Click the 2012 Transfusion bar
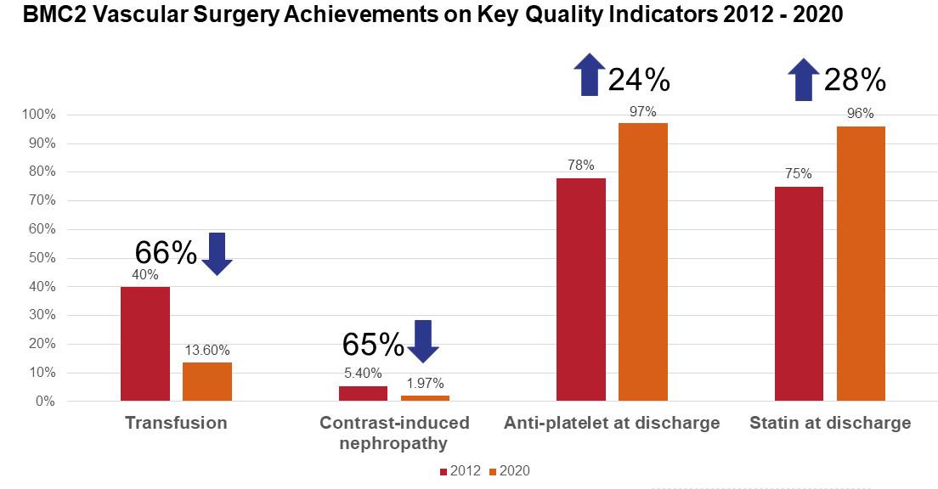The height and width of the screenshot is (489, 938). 145,344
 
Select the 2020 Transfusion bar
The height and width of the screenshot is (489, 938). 207,381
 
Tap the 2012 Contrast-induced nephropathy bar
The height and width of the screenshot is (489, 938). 363,393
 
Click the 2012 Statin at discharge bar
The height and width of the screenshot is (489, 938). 800,293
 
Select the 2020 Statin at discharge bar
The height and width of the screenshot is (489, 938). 862,263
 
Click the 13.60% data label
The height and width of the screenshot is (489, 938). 207,350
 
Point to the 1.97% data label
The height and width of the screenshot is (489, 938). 425,383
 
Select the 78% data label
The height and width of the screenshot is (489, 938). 581,165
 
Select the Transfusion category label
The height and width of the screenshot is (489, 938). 176,423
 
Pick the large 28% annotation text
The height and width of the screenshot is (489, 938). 855,81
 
